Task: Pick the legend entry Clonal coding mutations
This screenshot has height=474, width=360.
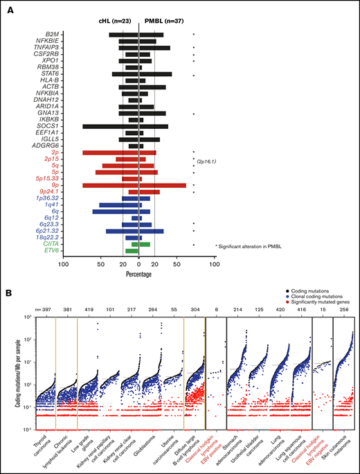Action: [321, 299]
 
